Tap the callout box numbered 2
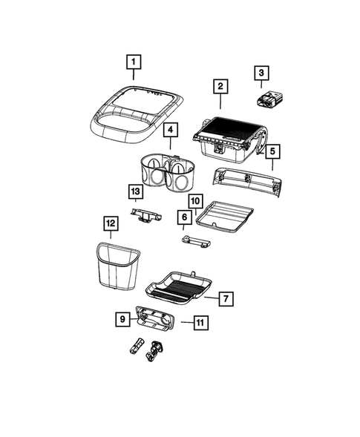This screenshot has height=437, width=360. pos(220,87)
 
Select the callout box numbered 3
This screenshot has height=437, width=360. pos(261,73)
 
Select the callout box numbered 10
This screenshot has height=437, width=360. pos(194,200)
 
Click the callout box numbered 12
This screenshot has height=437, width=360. pos(110,223)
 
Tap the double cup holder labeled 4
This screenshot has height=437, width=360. pos(168,176)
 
